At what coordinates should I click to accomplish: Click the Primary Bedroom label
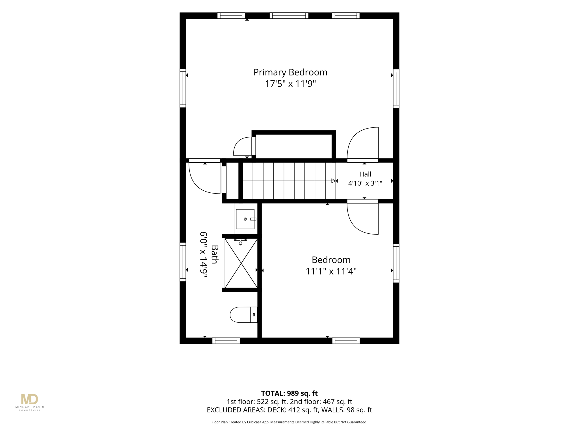coord(290,73)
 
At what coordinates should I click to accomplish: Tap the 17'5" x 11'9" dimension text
coord(290,84)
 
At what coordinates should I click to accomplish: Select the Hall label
coord(365,174)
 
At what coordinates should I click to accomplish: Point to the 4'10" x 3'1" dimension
coord(365,183)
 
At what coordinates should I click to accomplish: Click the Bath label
coord(215,254)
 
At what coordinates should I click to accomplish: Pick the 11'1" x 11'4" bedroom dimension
coord(331,272)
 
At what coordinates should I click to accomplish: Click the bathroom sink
coord(245,219)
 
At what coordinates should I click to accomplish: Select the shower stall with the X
coord(241,263)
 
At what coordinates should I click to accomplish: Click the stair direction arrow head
coord(334,181)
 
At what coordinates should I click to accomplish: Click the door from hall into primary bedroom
coord(363,145)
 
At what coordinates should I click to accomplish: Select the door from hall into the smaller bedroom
coord(363,217)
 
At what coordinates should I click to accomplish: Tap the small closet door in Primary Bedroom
coord(244,146)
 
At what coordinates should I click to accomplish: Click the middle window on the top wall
coord(289,16)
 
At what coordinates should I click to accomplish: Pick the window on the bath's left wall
coord(183,262)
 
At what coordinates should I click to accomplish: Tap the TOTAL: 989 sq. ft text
coord(289,393)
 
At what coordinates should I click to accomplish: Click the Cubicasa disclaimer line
coord(289,422)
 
